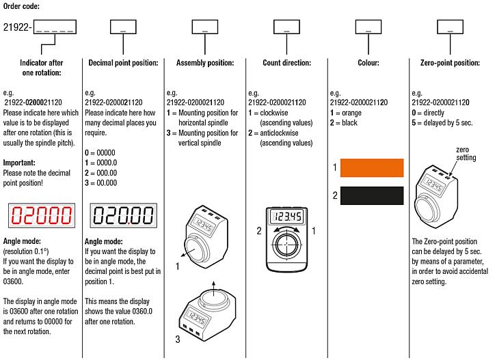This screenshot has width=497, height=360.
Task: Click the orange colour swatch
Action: click(372, 168)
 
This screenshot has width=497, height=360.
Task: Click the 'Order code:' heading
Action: click(21, 6)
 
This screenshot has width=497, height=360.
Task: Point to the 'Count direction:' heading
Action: click(286, 63)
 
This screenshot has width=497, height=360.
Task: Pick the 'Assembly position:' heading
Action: click(204, 63)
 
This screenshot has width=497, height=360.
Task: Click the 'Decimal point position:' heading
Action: click(123, 63)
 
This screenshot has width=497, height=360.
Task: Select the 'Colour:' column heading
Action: click(368, 63)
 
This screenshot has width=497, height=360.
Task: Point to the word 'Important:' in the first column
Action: click(20, 163)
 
